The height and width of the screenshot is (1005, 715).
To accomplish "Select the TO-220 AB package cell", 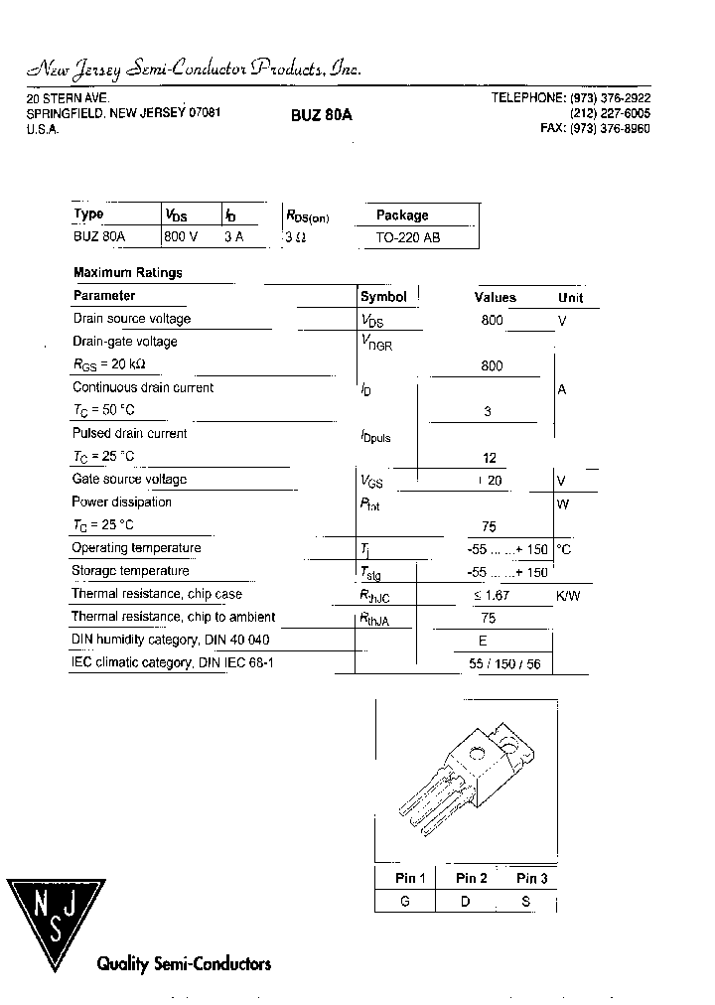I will click(408, 238).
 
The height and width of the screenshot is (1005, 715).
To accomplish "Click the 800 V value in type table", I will click(181, 237).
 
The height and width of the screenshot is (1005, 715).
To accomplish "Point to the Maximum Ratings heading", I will click(128, 272).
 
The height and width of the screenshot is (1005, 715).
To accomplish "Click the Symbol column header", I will click(383, 296).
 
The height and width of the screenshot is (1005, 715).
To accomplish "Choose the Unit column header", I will click(571, 297).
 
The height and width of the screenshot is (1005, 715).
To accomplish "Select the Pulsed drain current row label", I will click(129, 434).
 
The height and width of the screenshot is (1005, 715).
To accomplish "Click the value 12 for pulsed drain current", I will click(489, 458).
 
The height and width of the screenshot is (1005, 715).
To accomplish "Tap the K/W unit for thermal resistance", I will click(568, 595).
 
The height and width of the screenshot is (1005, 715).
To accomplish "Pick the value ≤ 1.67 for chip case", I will click(492, 595).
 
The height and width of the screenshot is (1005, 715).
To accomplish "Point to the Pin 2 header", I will click(471, 878).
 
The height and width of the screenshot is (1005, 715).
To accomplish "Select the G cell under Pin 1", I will click(405, 902).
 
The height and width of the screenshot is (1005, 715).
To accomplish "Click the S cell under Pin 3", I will click(526, 902).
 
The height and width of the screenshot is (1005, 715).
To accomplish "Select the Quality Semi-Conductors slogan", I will click(183, 963).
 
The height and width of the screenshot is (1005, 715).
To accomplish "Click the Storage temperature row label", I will click(130, 571).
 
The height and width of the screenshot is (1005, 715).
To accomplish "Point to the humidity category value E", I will click(483, 641).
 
